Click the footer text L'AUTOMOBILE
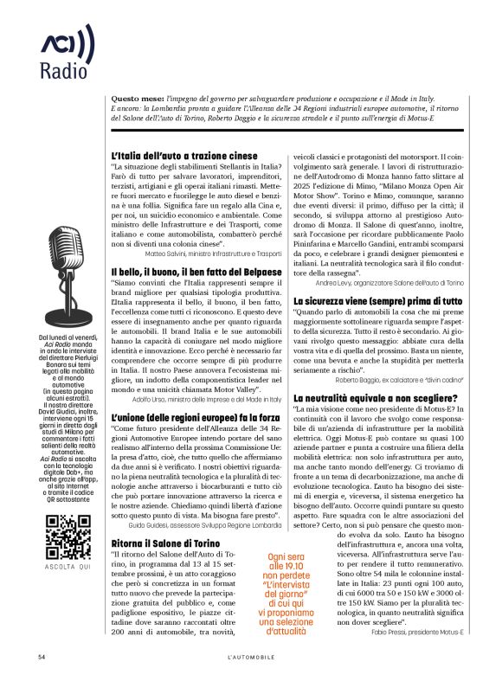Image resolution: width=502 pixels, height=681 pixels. (251, 658)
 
